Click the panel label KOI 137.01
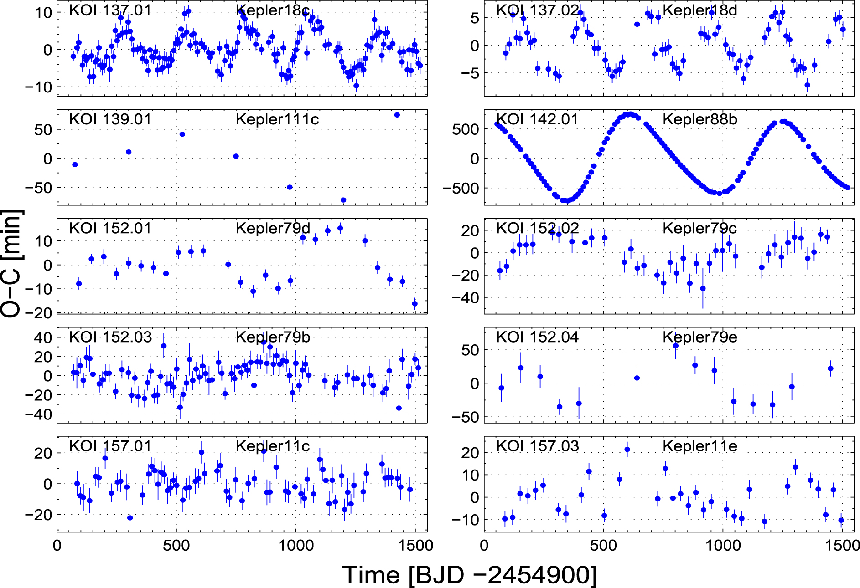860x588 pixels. pos(110,10)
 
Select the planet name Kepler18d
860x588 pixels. pos(699,10)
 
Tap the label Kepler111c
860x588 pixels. pos(277,119)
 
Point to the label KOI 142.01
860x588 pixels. pos(537,119)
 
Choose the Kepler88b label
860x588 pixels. pos(699,119)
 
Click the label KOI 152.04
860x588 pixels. pos(537,337)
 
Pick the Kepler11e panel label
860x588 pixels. pos(699,446)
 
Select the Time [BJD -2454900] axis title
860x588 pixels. pos(469,575)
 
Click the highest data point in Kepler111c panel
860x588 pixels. pos(397,115)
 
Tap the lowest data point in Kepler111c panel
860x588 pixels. pos(343,200)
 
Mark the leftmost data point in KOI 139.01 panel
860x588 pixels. pos(75,164)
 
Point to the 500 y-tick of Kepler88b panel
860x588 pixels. pos(466,129)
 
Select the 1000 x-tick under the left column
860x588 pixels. pos(295,545)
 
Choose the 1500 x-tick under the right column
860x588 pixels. pos(842,545)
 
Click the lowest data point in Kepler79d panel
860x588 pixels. pos(414,304)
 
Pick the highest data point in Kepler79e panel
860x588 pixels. pos(675,346)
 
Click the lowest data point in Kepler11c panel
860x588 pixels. pos(130,518)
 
